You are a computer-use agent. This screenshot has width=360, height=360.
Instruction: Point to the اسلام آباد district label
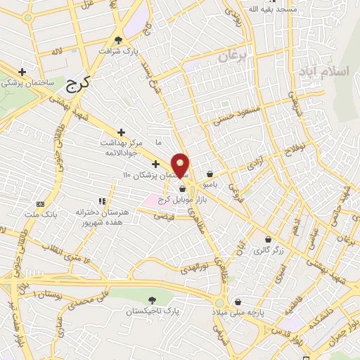click(x=322, y=72)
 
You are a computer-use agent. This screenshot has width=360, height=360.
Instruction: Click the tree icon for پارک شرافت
click(x=119, y=39)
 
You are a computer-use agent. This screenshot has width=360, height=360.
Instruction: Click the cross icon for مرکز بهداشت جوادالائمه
click(x=121, y=131)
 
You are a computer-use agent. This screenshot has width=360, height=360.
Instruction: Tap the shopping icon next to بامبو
click(x=210, y=174)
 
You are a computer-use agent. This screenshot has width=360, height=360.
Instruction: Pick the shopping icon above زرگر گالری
click(x=267, y=239)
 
